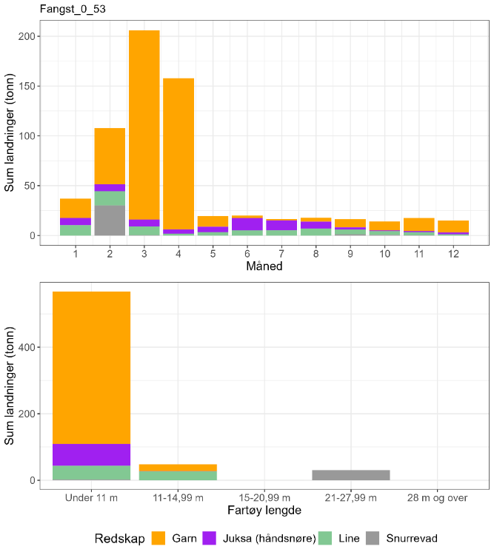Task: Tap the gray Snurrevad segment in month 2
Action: point(110,221)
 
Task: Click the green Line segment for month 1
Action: point(76,230)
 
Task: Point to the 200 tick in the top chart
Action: point(28,36)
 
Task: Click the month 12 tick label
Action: point(453,254)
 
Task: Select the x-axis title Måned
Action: point(264,266)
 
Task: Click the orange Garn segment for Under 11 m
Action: point(91,367)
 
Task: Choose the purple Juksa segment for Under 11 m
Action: point(91,454)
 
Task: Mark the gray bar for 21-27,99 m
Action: point(351,475)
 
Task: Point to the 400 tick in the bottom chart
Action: point(28,347)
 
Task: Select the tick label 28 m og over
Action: point(438,498)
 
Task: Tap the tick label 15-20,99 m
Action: point(264,498)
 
